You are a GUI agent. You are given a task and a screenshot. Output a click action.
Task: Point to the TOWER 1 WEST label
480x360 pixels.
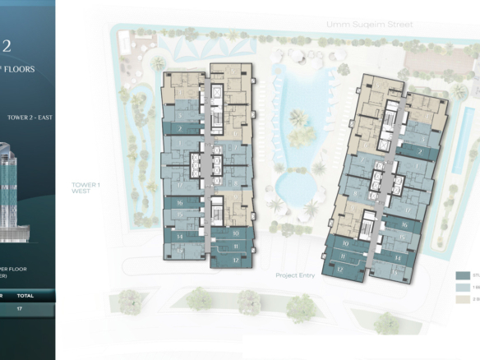[86, 188]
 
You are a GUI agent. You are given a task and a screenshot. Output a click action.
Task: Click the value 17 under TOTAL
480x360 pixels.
[19, 310]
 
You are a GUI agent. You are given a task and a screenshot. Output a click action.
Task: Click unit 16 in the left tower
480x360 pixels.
[179, 201]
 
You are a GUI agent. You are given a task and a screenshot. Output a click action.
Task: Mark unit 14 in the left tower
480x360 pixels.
[178, 236]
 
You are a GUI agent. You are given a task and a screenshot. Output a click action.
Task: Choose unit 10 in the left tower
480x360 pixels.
[235, 233]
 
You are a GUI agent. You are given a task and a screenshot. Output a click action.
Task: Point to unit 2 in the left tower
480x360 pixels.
[179, 129]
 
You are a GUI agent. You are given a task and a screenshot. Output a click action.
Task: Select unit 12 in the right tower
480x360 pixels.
[339, 268]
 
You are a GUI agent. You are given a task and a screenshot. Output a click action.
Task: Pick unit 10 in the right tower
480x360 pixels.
[344, 244]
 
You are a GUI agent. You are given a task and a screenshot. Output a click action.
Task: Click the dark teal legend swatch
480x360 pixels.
[462, 276]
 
